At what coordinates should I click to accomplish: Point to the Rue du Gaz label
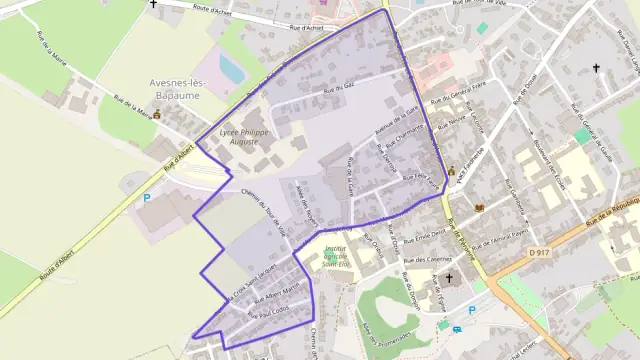click(339, 90)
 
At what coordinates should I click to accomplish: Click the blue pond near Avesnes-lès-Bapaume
click(231, 68)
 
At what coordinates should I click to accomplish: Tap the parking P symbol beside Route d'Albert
click(146, 198)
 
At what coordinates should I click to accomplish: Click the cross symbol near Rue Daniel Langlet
click(596, 68)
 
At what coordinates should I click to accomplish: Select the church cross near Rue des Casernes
click(449, 278)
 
